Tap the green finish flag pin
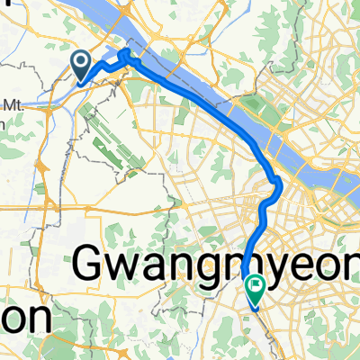(254, 290)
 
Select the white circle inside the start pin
(81, 61)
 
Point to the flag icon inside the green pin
(254, 287)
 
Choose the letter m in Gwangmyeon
(236, 266)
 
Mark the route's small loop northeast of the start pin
(123, 58)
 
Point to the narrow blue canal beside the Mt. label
(36, 103)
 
